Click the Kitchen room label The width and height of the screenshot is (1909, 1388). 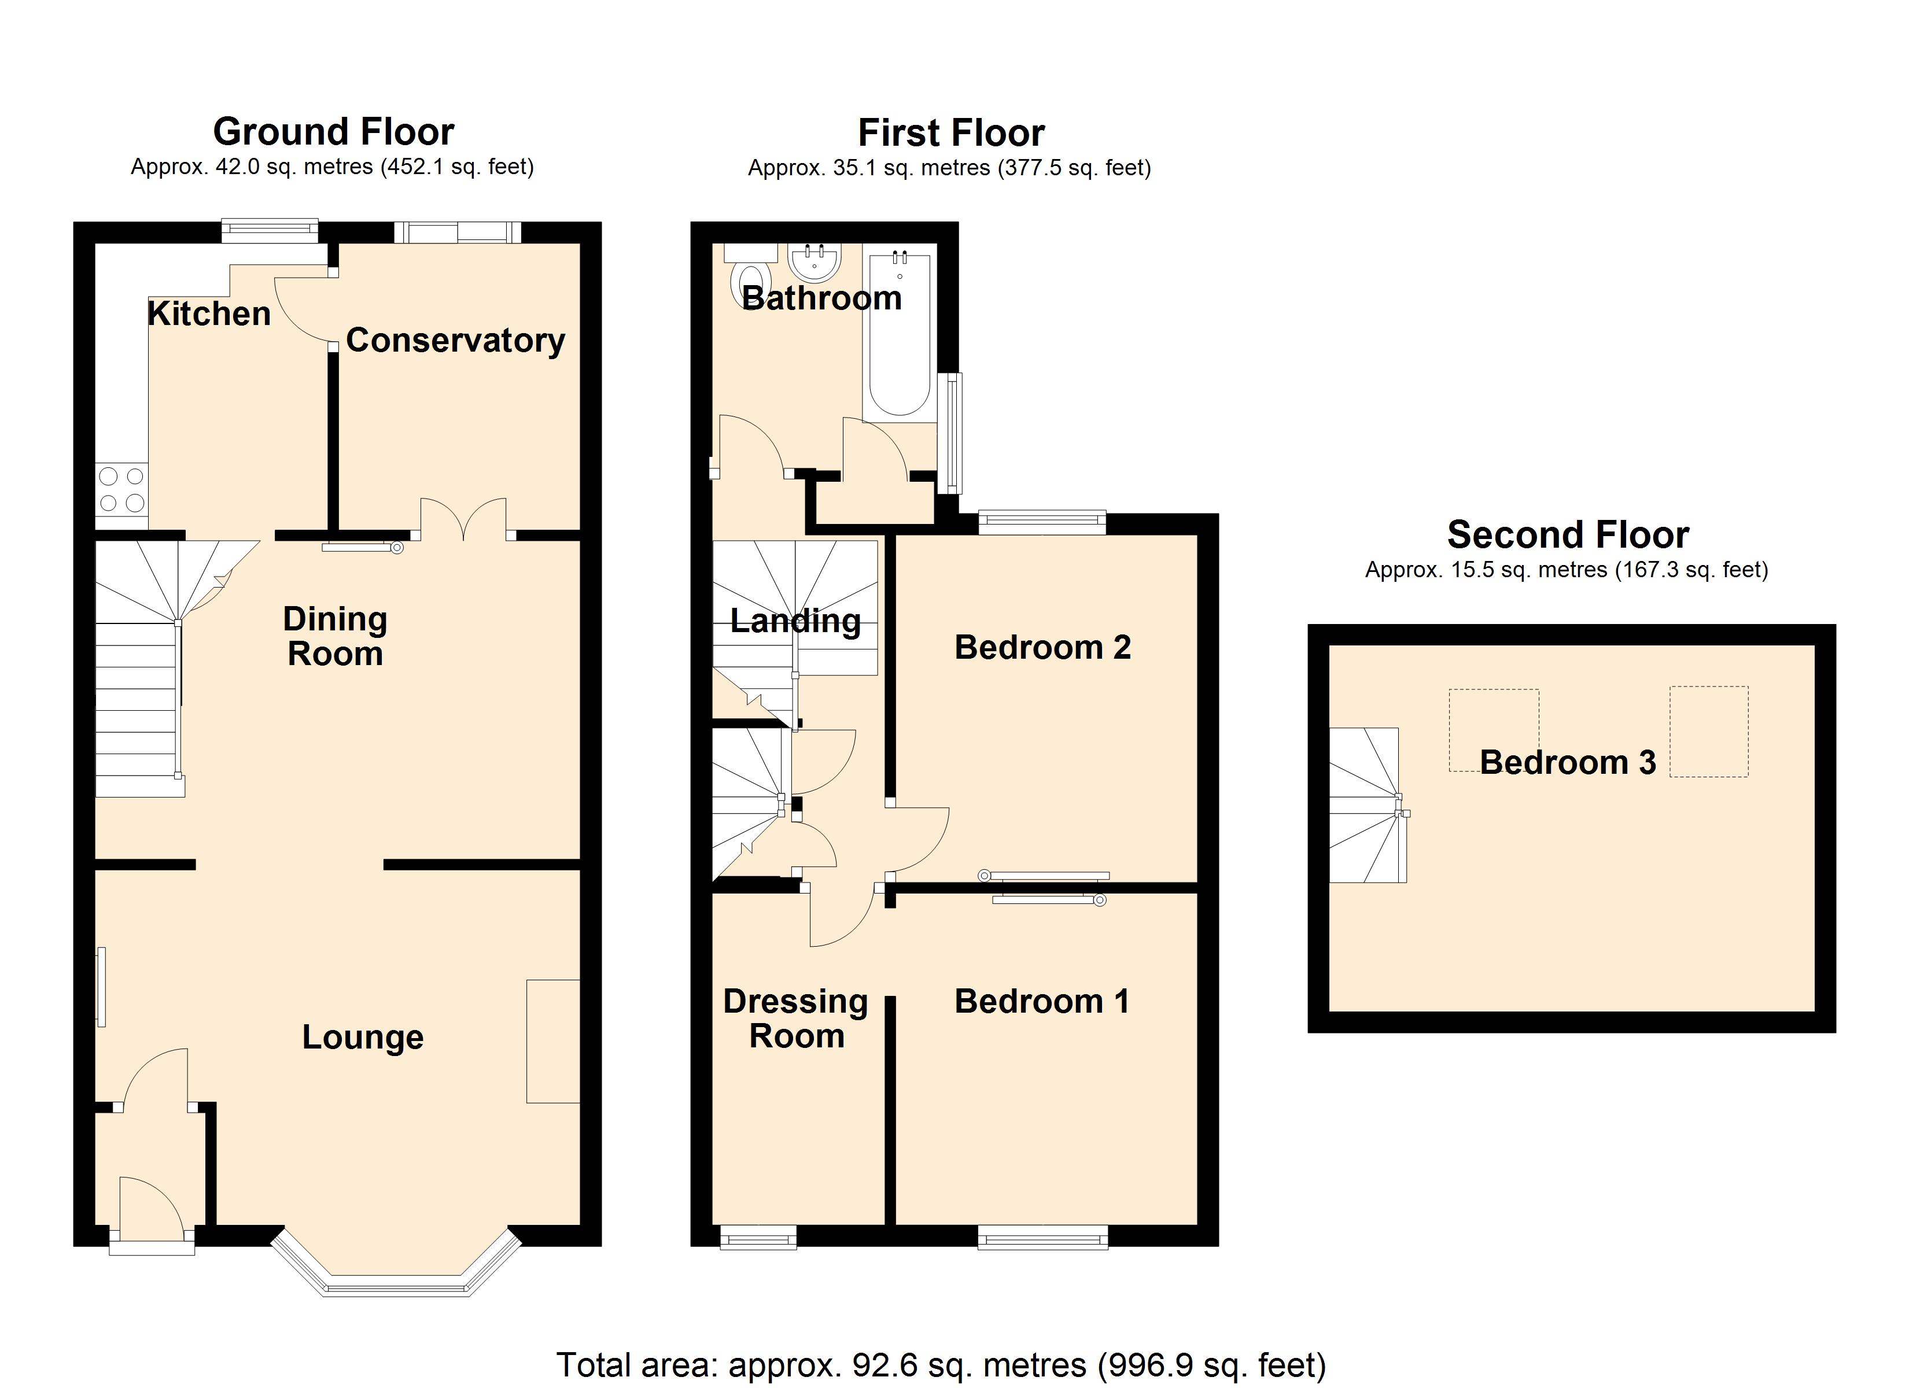209,314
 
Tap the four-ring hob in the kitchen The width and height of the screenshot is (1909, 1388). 122,489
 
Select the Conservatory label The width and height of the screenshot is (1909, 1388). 455,340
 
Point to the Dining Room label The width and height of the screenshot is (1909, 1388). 335,636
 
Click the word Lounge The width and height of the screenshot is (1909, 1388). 363,1037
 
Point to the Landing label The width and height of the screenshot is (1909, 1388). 795,621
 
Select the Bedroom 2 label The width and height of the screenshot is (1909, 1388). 1042,647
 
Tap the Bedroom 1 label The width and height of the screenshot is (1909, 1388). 1042,1002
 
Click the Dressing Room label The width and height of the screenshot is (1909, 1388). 796,1018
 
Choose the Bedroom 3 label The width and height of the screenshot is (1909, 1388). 1567,763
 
